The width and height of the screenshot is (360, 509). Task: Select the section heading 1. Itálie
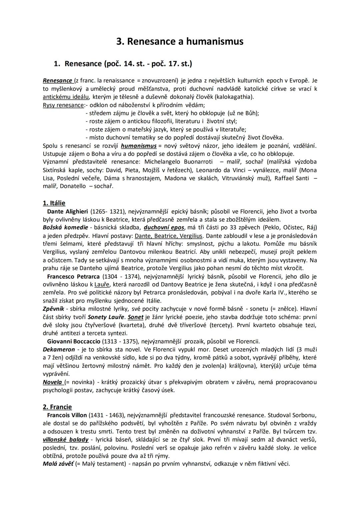click(54, 203)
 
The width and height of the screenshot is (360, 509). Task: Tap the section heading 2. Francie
click(57, 407)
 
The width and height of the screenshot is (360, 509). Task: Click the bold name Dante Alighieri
click(67, 211)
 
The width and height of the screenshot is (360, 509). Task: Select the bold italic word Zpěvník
click(53, 309)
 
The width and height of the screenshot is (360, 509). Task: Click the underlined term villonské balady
click(66, 440)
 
